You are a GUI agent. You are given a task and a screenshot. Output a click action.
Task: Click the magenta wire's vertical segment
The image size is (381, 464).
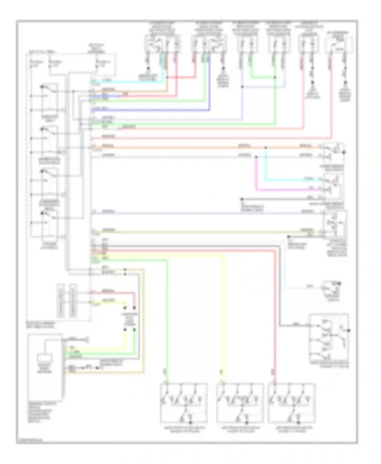pos(256,174)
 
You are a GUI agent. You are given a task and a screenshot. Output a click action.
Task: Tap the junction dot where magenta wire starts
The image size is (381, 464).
pos(256,157)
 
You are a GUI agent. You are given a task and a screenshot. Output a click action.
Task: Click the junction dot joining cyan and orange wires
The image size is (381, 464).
pos(266,147)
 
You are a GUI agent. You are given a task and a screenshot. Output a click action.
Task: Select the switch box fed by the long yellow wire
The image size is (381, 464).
pos(240,403)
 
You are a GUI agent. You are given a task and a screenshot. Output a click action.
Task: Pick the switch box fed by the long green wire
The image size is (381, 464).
pos(183,403)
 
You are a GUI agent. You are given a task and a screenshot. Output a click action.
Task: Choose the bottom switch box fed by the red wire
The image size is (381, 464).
pos(292,403)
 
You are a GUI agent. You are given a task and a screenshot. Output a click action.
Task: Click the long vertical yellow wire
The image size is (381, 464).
pos(224,317)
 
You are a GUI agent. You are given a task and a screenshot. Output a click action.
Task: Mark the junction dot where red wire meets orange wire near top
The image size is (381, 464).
pos(167,77)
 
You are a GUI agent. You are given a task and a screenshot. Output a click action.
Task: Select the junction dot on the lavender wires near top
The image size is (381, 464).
pos(242,87)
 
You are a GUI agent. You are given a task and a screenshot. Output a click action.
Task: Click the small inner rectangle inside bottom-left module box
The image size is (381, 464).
pos(45,358)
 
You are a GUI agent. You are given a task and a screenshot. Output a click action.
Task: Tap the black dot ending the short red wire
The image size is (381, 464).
pos(134,308)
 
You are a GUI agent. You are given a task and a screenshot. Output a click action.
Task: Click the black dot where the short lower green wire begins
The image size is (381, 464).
pos(134,330)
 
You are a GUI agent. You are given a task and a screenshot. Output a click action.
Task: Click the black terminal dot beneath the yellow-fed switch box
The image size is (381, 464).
pos(246,423)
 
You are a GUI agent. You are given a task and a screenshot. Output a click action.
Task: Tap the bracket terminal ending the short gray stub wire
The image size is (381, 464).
pos(87,339)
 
